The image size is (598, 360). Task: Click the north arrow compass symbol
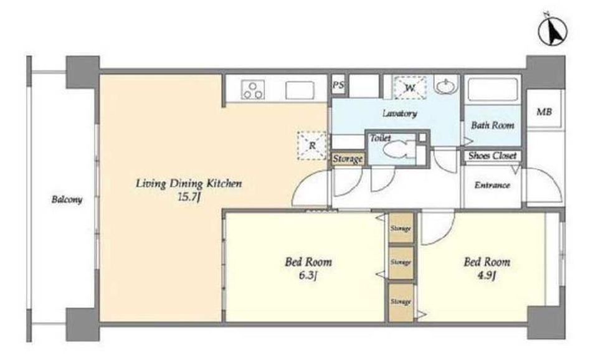[553, 31]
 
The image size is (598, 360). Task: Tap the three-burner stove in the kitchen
[252, 90]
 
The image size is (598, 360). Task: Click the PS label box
[338, 85]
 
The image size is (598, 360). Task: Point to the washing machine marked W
[410, 88]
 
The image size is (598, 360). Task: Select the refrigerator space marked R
[312, 145]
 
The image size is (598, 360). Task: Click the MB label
[544, 111]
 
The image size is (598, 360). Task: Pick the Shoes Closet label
[492, 156]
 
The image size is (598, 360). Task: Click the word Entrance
[492, 186]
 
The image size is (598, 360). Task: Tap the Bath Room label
[492, 125]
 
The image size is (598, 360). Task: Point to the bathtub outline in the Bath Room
[492, 90]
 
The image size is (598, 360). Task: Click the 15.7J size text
[189, 198]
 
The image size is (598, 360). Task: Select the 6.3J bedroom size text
[308, 275]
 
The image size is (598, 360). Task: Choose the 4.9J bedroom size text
[486, 275]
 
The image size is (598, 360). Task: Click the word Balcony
[67, 199]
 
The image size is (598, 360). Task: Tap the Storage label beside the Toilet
[348, 159]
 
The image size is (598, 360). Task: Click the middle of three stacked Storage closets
[401, 262]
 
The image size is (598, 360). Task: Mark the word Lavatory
[399, 113]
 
